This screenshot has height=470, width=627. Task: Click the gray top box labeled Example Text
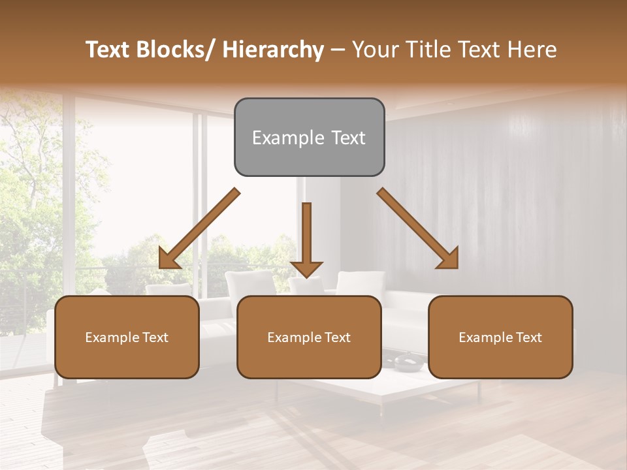(x=309, y=137)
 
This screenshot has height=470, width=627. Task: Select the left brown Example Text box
(x=127, y=337)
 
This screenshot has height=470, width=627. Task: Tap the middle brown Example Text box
(x=309, y=337)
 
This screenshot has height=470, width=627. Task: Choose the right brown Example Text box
(x=500, y=337)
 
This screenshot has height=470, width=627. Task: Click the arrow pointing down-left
(x=199, y=228)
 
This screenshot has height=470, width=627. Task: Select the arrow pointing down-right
(x=418, y=228)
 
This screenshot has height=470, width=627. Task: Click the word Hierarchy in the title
(x=272, y=50)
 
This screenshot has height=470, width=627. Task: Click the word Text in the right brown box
(x=528, y=337)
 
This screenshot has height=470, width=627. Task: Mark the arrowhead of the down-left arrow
(x=169, y=258)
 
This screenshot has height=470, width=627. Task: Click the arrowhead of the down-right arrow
(x=449, y=258)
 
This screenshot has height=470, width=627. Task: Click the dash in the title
(x=338, y=50)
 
